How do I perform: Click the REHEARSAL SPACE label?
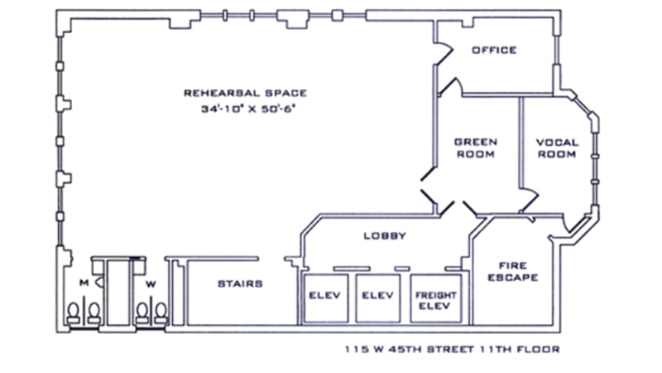[245, 93]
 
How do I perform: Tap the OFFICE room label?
[494, 50]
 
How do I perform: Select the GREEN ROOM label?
[476, 148]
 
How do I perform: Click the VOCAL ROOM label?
[558, 148]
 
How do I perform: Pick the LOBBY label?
[386, 235]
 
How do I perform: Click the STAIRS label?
[240, 283]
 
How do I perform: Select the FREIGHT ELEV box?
[435, 299]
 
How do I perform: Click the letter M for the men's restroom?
[84, 283]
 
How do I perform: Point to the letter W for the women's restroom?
[151, 283]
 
